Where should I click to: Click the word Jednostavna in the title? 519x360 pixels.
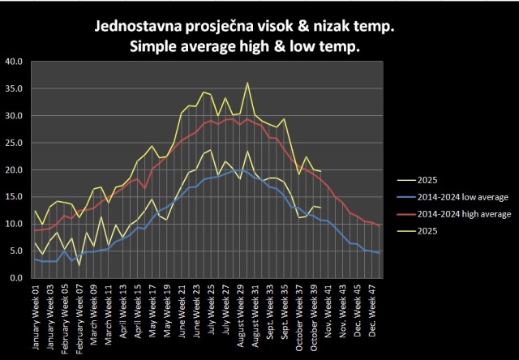(139, 28)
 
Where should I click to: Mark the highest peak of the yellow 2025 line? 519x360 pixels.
(247, 82)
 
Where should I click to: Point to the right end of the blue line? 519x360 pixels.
(380, 253)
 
